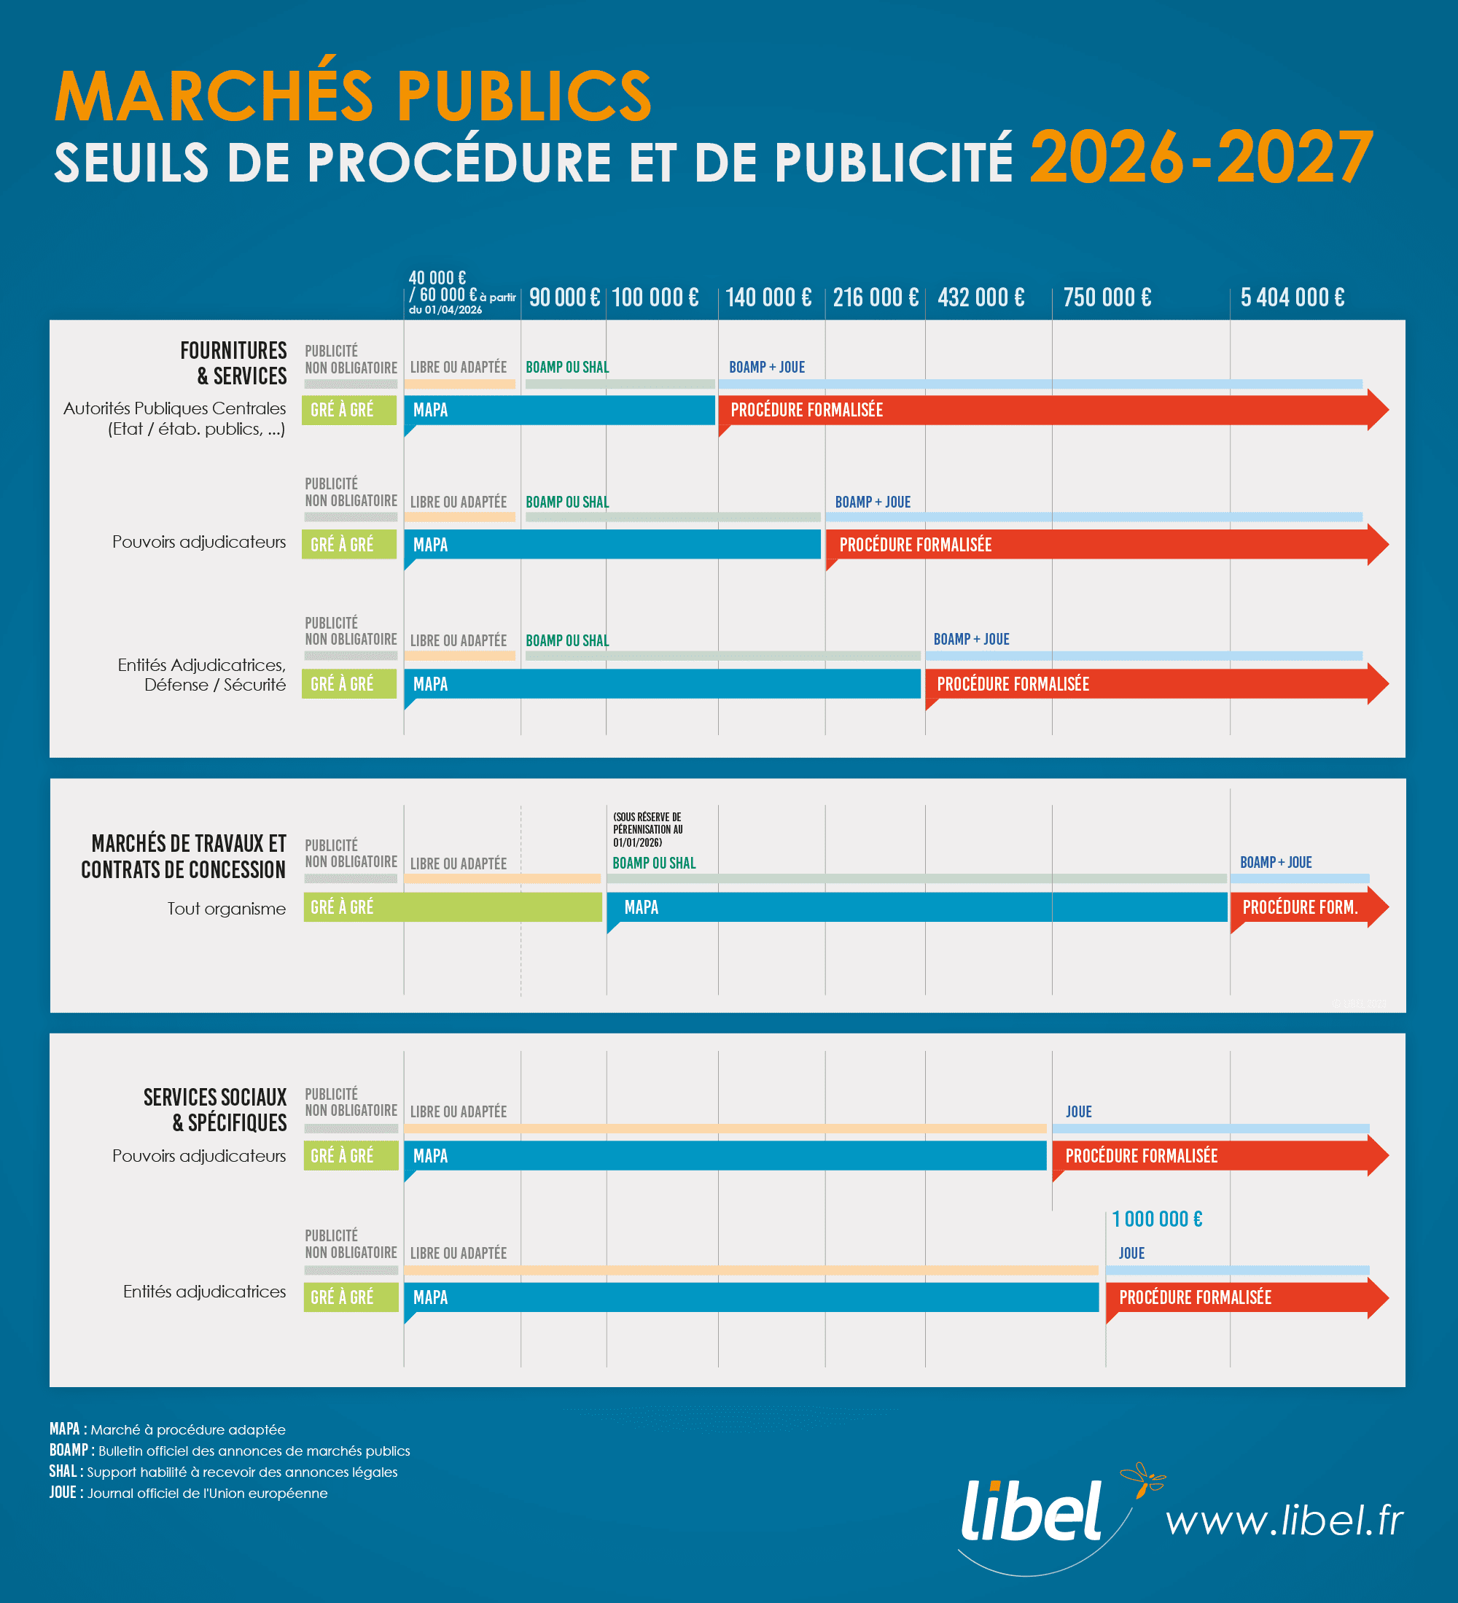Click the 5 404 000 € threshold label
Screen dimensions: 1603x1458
[x=1292, y=298]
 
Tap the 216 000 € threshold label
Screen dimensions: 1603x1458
[x=876, y=298]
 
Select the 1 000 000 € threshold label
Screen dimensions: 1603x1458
[x=1157, y=1219]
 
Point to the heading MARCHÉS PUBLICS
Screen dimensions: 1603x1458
[x=353, y=96]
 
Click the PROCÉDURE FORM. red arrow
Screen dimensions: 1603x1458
[x=1303, y=907]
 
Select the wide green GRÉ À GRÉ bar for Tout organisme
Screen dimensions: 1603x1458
[x=453, y=907]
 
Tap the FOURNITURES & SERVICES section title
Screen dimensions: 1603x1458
[x=233, y=362]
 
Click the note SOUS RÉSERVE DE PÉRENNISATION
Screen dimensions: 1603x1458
[x=647, y=829]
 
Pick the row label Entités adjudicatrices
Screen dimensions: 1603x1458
[x=204, y=1292]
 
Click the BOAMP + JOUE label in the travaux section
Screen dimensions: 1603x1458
[x=1275, y=863]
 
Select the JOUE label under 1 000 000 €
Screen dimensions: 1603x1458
[x=1131, y=1253]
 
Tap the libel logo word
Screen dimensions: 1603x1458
[x=1032, y=1511]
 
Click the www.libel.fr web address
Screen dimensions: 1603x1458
[x=1284, y=1521]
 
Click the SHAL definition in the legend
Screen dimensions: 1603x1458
[x=222, y=1472]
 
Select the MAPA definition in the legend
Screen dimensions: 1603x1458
[x=167, y=1429]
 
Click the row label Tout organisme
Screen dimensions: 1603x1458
[x=226, y=908]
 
